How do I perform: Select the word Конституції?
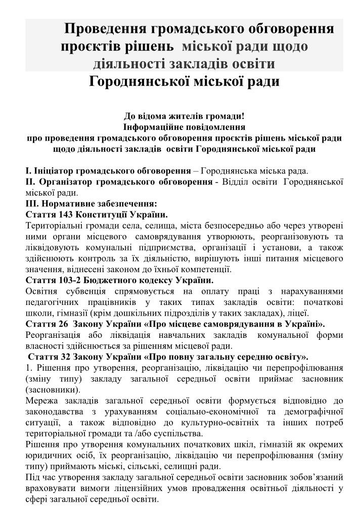[x=108, y=214]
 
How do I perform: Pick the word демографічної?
[x=313, y=412]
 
